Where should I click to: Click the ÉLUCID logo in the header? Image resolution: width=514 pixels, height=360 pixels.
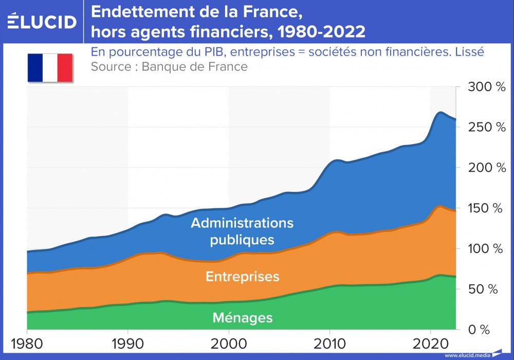[42, 21]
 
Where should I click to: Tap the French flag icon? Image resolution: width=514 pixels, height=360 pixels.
[50, 67]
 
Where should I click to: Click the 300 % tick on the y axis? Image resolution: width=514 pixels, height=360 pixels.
[486, 87]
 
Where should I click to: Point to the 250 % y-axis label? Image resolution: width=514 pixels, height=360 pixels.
[486, 127]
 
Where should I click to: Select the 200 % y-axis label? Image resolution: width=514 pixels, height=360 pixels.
[486, 168]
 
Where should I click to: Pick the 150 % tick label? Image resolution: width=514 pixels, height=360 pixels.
[486, 208]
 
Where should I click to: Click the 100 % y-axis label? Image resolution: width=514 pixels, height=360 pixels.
[486, 248]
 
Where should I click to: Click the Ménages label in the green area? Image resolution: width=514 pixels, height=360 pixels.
[243, 318]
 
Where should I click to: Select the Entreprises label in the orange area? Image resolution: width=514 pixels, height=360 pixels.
[243, 276]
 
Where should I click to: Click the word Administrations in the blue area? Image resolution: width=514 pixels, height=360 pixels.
[242, 224]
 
